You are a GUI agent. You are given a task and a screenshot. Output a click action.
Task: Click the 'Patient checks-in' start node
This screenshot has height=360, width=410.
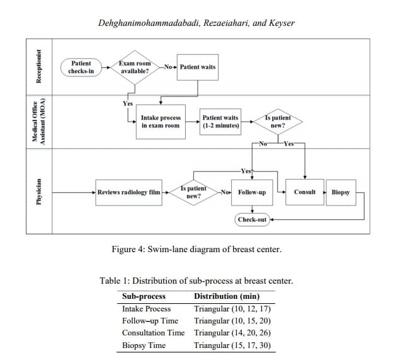[x=81, y=67]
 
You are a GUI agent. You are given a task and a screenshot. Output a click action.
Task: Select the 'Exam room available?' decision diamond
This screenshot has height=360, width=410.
[x=134, y=67]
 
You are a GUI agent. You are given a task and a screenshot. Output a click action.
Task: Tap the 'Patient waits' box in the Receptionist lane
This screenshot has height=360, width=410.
[x=198, y=67]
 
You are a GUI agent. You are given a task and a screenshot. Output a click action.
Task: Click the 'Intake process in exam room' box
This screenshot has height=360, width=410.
[x=161, y=121]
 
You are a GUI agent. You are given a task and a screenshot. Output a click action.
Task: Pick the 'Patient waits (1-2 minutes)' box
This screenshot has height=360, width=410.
[x=220, y=121]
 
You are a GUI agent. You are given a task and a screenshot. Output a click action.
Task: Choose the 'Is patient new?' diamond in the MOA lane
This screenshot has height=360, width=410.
[x=277, y=121]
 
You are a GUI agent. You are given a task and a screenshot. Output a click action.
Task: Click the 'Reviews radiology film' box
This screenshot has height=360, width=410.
[x=128, y=192]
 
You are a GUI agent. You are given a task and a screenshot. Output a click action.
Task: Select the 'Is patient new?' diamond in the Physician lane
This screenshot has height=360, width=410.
[x=193, y=192]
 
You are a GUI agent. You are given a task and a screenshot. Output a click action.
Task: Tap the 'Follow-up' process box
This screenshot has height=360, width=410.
[x=252, y=192]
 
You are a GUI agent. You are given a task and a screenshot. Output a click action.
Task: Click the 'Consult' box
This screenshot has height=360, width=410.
[x=305, y=192]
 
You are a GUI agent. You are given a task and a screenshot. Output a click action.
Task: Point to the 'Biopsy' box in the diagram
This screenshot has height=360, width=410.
[x=341, y=192]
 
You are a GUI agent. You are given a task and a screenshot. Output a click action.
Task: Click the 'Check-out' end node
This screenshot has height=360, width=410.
[x=252, y=219]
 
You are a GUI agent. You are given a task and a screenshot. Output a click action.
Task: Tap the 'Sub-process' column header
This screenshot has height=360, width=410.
[x=144, y=296]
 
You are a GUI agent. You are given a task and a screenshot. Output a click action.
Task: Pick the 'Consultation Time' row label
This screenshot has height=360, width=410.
[x=153, y=332]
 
